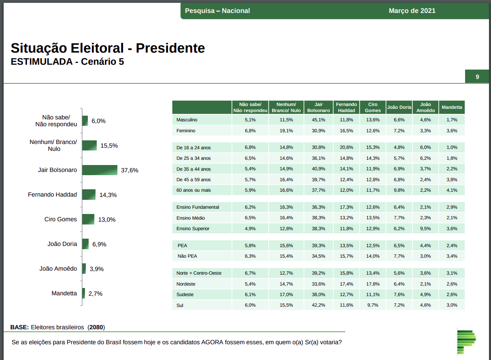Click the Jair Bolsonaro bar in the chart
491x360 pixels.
tap(100, 170)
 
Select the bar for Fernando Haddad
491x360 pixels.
tap(89, 195)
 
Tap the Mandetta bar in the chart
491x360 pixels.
tap(84, 293)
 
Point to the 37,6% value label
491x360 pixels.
tap(130, 170)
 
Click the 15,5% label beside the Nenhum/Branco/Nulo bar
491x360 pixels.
tap(109, 146)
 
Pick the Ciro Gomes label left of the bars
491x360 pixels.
tap(60, 219)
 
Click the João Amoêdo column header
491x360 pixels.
tap(425, 107)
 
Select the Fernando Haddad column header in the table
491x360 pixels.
tap(346, 107)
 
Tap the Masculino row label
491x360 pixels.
tap(187, 120)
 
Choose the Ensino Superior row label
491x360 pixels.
tap(193, 229)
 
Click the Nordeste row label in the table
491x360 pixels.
tap(186, 284)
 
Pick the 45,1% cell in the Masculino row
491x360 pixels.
tap(319, 120)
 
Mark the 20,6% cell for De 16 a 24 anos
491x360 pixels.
tap(346, 147)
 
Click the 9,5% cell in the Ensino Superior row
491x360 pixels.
tap(425, 229)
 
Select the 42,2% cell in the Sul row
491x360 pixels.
tap(319, 305)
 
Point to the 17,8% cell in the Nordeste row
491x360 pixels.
tap(373, 284)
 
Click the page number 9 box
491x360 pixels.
tap(477, 77)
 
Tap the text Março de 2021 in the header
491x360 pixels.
tap(412, 11)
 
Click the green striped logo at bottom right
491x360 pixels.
tap(466, 341)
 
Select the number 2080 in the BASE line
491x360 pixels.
tap(96, 327)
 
